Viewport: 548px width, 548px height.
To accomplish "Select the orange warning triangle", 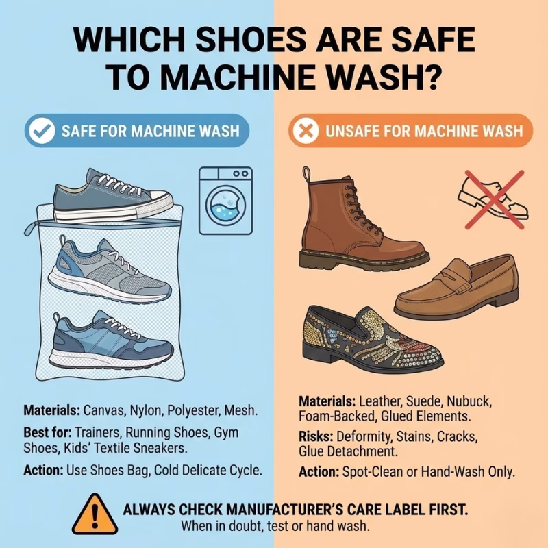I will point(96,512).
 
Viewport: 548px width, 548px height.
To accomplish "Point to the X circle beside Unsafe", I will point(303,130).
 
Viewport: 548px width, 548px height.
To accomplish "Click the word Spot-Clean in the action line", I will point(371,472).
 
